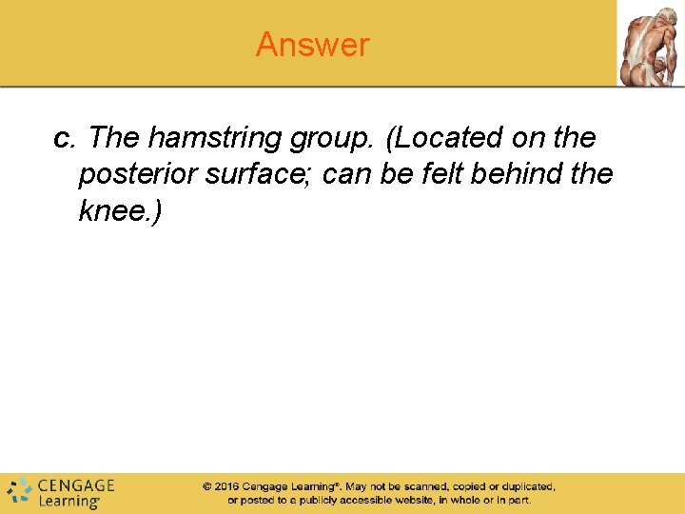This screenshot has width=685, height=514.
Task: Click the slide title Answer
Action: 312,45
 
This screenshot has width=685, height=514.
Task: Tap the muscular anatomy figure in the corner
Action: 650,44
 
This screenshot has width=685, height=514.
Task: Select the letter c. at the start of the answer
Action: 65,139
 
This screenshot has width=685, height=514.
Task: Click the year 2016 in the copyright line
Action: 226,486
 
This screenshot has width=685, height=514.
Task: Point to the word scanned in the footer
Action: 413,486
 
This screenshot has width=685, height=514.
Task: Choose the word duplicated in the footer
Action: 523,486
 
